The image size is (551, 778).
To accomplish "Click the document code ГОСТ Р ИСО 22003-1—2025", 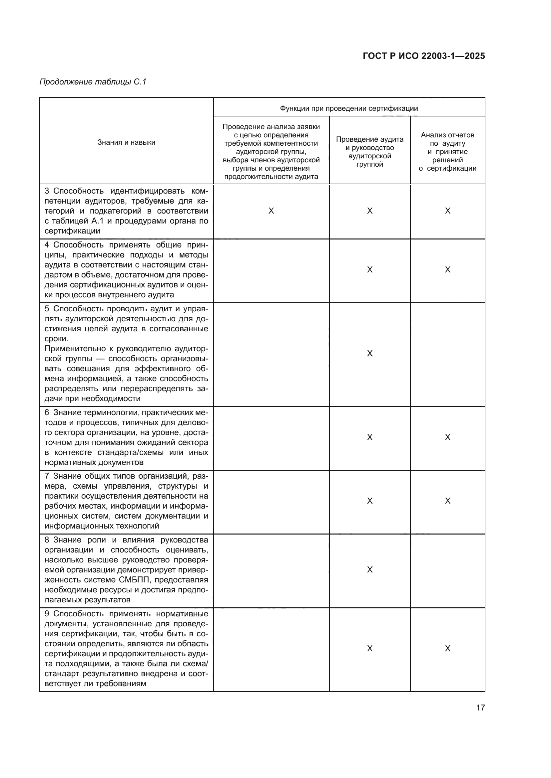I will (x=423, y=56).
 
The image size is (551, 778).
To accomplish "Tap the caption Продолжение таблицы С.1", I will (x=93, y=82).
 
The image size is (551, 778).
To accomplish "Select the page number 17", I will (x=480, y=707).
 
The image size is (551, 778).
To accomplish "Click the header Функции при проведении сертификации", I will (x=349, y=108).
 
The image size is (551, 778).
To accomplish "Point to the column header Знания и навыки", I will (x=126, y=142).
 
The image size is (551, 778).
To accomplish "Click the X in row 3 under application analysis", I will (x=271, y=211).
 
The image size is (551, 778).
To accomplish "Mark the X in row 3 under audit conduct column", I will (x=370, y=211).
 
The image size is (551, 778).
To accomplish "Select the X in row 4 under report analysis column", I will (x=447, y=270).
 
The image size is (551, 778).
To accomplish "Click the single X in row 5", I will (x=370, y=354).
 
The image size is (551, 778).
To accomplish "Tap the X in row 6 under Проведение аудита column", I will (x=370, y=437).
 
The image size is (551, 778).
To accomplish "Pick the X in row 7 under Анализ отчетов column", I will (x=447, y=501).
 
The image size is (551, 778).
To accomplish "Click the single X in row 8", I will (x=370, y=569).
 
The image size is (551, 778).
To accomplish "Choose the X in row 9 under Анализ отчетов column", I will (x=447, y=649).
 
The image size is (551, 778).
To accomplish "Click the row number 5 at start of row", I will (x=47, y=309).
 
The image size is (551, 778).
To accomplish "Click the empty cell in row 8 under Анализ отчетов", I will (x=447, y=569).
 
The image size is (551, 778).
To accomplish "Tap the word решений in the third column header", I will (x=447, y=160).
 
